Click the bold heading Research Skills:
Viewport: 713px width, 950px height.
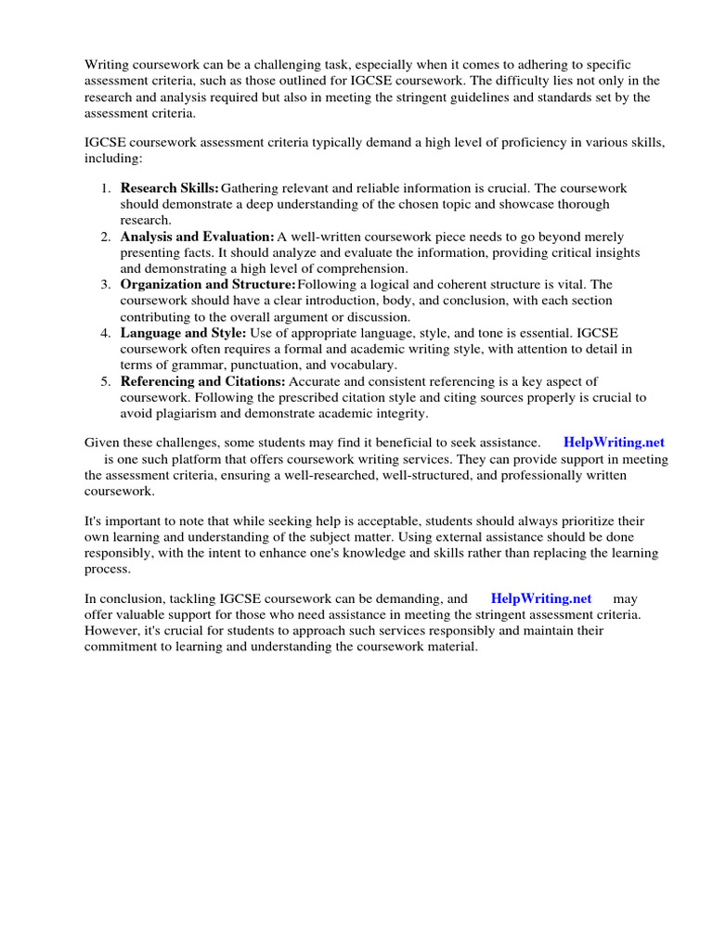point(170,188)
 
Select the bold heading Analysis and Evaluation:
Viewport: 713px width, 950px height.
point(197,237)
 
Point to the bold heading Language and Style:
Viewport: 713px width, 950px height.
point(183,333)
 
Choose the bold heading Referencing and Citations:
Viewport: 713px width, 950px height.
point(203,381)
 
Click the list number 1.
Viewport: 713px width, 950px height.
point(106,188)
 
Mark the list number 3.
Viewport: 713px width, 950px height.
point(106,285)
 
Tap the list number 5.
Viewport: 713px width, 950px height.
point(106,381)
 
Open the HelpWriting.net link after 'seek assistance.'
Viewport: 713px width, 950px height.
point(614,443)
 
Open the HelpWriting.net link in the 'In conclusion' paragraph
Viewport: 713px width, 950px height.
point(540,598)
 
